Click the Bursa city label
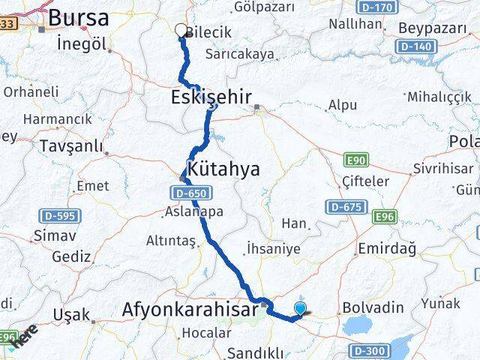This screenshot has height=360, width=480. coord(78,17)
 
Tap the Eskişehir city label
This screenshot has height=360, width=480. coord(210,97)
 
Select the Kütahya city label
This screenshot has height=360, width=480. coord(224,169)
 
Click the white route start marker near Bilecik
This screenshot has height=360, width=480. coord(181,30)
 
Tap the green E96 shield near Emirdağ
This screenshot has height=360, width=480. coord(385,216)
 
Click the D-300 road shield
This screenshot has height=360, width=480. coord(368,349)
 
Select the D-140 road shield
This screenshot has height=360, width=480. coord(415,46)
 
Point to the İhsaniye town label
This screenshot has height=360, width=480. coord(273,250)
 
